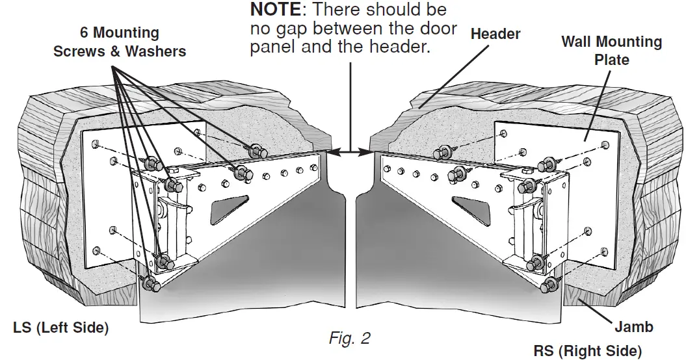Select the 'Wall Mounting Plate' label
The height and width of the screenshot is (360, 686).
(x=611, y=51)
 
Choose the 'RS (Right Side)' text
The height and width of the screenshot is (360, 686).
(x=587, y=350)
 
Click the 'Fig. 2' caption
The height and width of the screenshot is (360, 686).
(x=349, y=339)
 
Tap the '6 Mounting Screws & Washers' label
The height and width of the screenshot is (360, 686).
(x=120, y=42)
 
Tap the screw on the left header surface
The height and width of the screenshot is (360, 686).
(x=259, y=150)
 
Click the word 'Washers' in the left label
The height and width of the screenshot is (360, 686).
(x=155, y=51)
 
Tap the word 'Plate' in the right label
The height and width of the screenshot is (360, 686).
(x=611, y=60)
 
